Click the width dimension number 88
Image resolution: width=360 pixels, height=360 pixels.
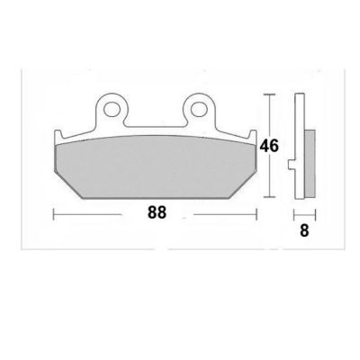[157, 212]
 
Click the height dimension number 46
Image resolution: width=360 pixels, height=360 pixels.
[269, 146]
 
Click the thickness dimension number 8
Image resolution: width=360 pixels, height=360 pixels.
[304, 231]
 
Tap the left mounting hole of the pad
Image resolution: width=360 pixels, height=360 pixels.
[112, 109]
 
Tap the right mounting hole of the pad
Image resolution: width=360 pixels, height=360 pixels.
[198, 109]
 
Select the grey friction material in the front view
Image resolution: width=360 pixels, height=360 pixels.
[156, 166]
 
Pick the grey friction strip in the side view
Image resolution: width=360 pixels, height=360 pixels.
[310, 164]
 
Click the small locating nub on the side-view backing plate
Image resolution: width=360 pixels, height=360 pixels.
[292, 165]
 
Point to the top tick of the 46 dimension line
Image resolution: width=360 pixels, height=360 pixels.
[269, 94]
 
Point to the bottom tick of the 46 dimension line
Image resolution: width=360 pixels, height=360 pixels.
[269, 197]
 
